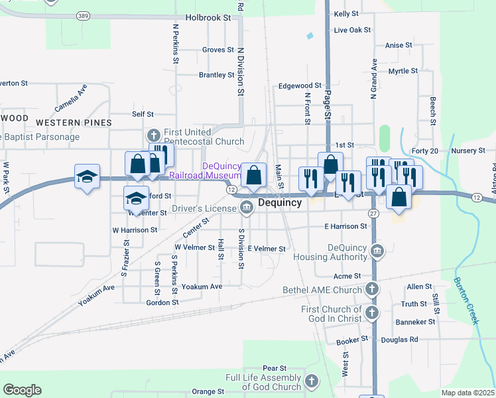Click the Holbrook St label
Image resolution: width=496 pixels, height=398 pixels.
click(208, 18)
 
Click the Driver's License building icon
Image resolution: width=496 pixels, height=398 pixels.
click(247, 208)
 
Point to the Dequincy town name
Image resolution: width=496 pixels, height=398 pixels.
click(280, 202)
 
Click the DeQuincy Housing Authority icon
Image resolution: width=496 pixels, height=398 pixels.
click(377, 251)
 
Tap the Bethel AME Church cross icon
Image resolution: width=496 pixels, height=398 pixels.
click(373, 289)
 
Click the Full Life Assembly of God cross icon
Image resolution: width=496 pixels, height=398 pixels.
click(312, 381)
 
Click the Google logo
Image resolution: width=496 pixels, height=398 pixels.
click(22, 390)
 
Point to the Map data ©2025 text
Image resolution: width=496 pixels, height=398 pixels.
click(467, 393)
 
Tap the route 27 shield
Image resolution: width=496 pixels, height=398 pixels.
click(373, 213)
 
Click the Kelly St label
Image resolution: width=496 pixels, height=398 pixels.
click(346, 13)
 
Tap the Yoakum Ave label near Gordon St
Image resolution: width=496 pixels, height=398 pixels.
click(202, 287)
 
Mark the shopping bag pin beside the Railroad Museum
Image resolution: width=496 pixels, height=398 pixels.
click(253, 176)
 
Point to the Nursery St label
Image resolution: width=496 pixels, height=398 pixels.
click(468, 151)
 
